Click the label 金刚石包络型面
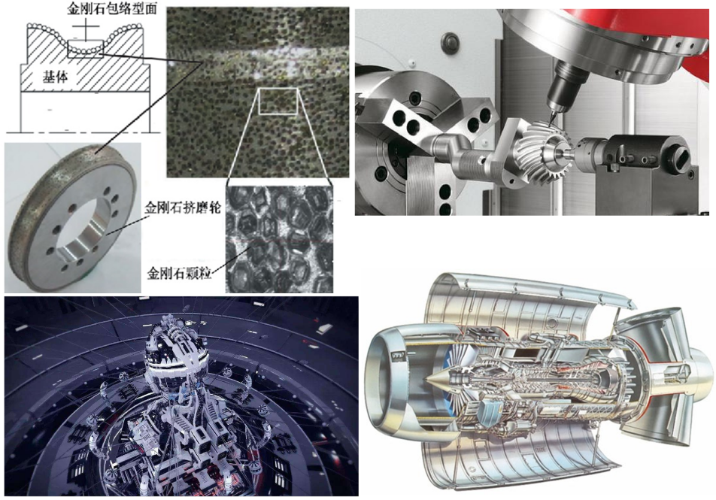(x=112, y=9)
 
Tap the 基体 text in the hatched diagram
(x=55, y=77)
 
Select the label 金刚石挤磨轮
(x=183, y=208)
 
